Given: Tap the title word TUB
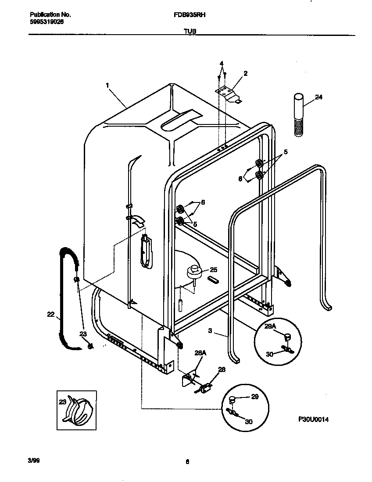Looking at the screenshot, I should (x=190, y=31).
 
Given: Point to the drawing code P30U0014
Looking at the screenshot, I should (x=313, y=419).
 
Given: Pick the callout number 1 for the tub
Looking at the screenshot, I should (x=107, y=86).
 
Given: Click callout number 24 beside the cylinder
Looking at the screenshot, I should (x=318, y=97).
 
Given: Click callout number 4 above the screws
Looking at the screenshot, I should (x=222, y=64).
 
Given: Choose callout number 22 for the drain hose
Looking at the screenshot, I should (x=50, y=314).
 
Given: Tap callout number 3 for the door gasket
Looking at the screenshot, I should (x=210, y=331).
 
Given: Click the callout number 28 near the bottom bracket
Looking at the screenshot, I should (x=222, y=370).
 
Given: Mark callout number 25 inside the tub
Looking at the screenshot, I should (x=213, y=269).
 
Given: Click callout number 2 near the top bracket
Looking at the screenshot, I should (x=245, y=74).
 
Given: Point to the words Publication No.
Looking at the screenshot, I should (x=45, y=14).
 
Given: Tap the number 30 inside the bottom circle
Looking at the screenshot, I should (x=249, y=422).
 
